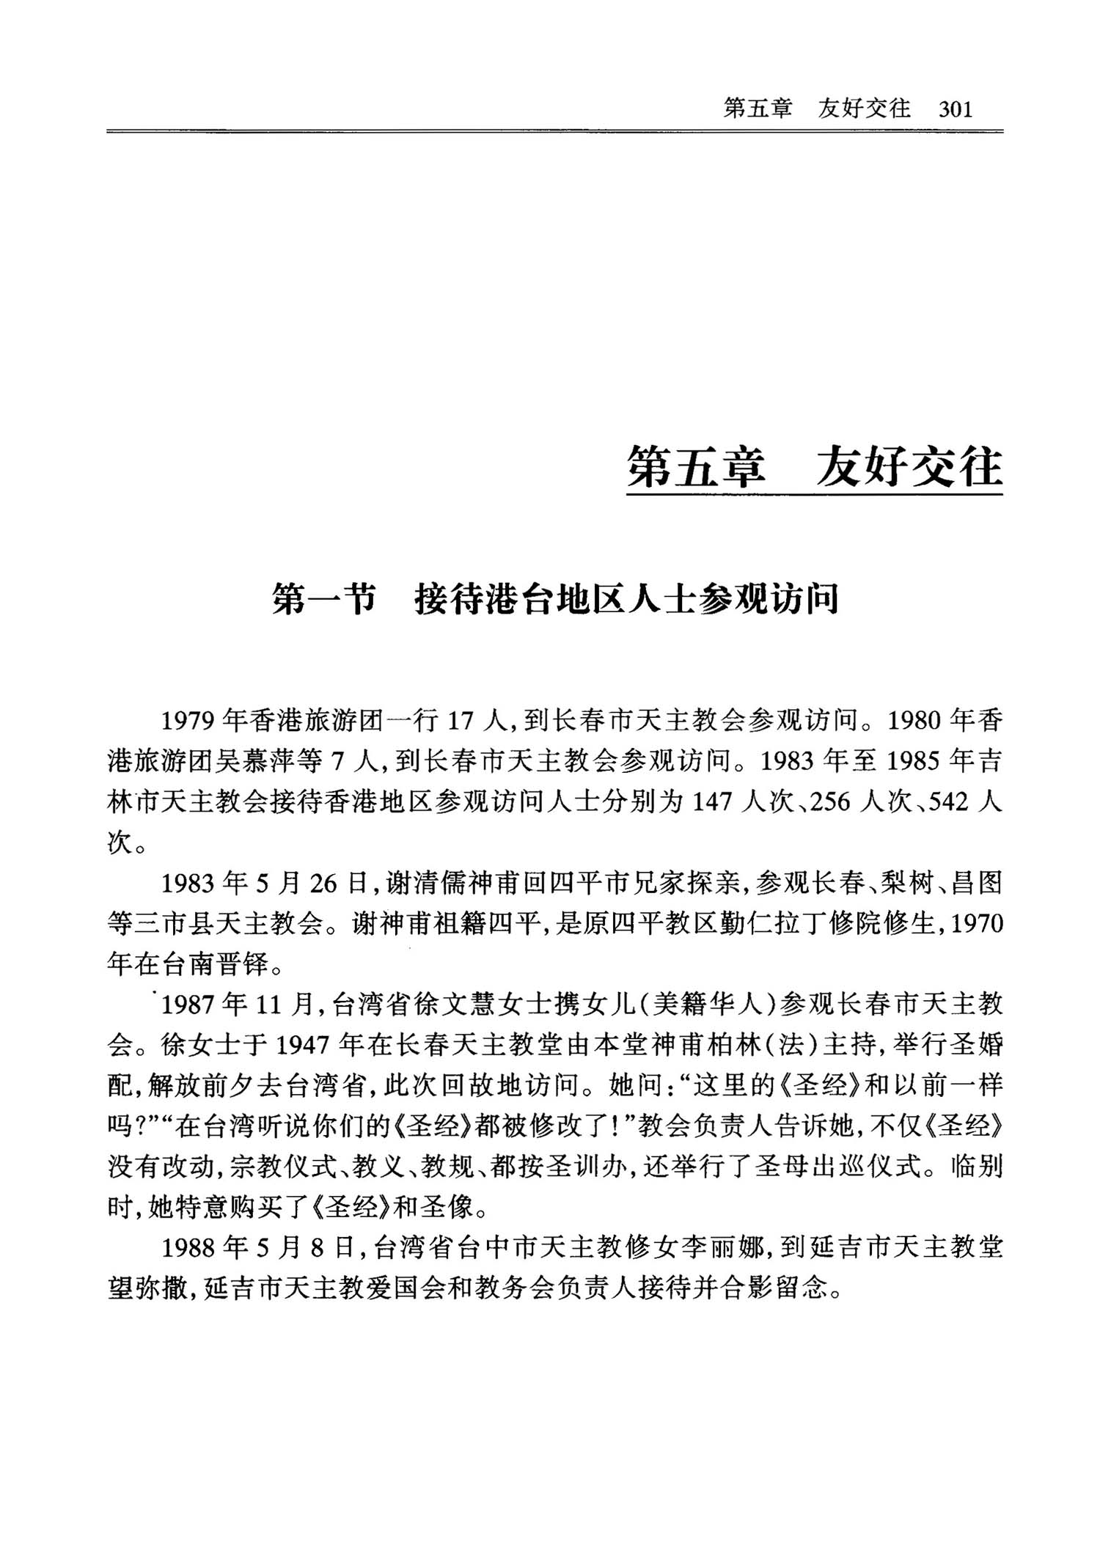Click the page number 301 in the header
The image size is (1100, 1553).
pos(955,110)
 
